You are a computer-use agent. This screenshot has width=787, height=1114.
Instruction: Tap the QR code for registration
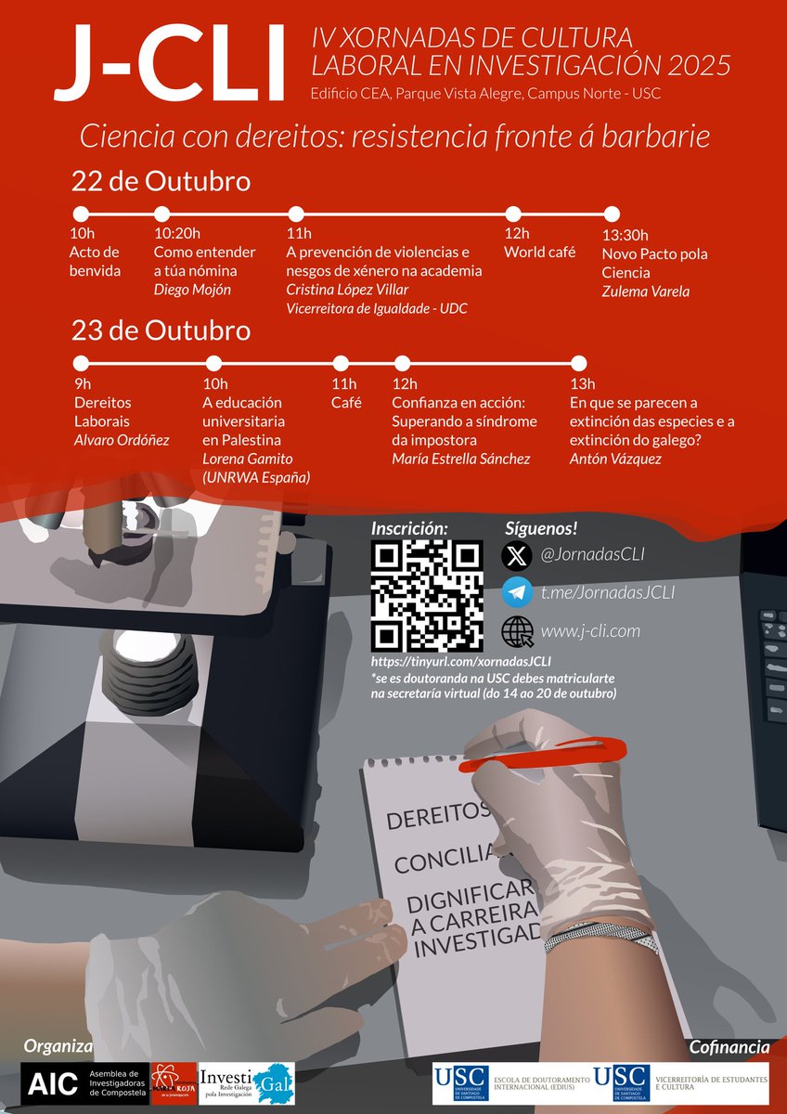point(426,596)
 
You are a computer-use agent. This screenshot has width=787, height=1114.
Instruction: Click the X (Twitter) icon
point(517,555)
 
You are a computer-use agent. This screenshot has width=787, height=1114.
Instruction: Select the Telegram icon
point(517,592)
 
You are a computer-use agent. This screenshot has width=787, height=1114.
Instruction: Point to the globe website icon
point(517,631)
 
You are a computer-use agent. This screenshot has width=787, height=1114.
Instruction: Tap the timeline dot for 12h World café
point(511,214)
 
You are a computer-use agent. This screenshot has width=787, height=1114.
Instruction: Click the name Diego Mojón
point(193,291)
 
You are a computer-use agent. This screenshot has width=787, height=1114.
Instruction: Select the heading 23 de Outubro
point(161,330)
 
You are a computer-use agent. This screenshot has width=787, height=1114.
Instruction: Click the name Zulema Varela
point(646,291)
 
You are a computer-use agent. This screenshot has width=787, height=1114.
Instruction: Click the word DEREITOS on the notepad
point(437,817)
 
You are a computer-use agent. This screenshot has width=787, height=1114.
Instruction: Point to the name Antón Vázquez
point(614,459)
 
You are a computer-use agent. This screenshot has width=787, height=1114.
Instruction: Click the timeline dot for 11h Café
point(342,363)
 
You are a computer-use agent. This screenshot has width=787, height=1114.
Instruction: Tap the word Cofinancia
point(729,1047)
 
